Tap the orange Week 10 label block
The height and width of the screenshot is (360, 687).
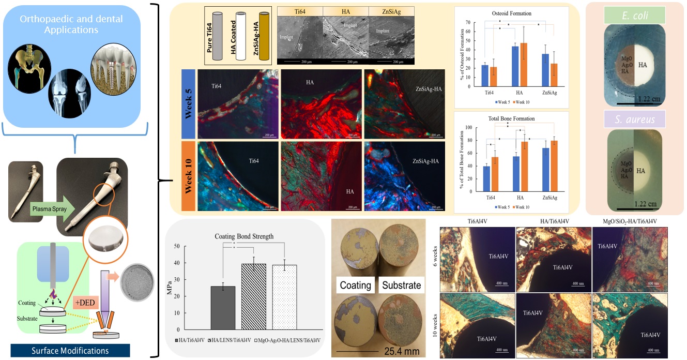pyautogui.click(x=188, y=176)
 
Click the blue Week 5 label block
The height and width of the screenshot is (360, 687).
pyautogui.click(x=188, y=104)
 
